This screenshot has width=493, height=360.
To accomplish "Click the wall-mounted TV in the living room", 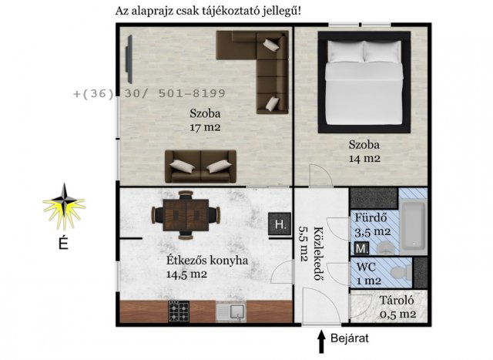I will (x=129, y=62).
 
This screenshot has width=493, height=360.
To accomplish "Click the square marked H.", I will (x=279, y=224).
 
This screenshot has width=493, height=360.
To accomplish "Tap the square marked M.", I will (x=361, y=248).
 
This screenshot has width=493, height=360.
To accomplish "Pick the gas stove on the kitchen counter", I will (x=179, y=311).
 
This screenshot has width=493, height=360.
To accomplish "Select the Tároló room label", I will (x=397, y=301).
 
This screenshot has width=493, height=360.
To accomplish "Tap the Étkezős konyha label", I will (x=207, y=261).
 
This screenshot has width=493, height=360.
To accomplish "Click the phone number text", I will (x=149, y=94).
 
